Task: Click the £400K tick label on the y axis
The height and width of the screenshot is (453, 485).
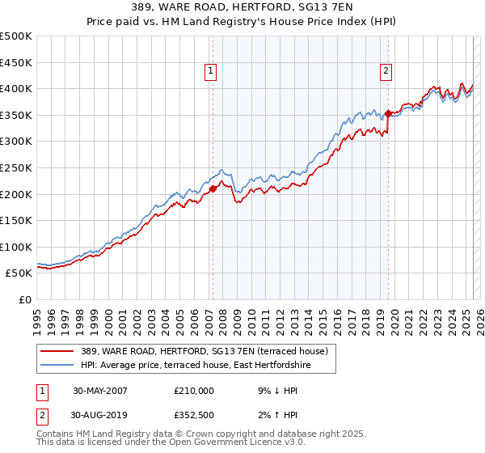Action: point(16,88)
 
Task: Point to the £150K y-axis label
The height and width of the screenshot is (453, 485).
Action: point(16,220)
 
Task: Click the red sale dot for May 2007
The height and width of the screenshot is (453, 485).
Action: point(213,189)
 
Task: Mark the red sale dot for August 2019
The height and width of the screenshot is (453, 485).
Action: point(389,113)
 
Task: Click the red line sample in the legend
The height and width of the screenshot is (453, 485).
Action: point(57,352)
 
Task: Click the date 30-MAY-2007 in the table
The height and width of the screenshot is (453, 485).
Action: point(100,390)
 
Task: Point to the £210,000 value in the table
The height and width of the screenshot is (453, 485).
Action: point(194,390)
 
